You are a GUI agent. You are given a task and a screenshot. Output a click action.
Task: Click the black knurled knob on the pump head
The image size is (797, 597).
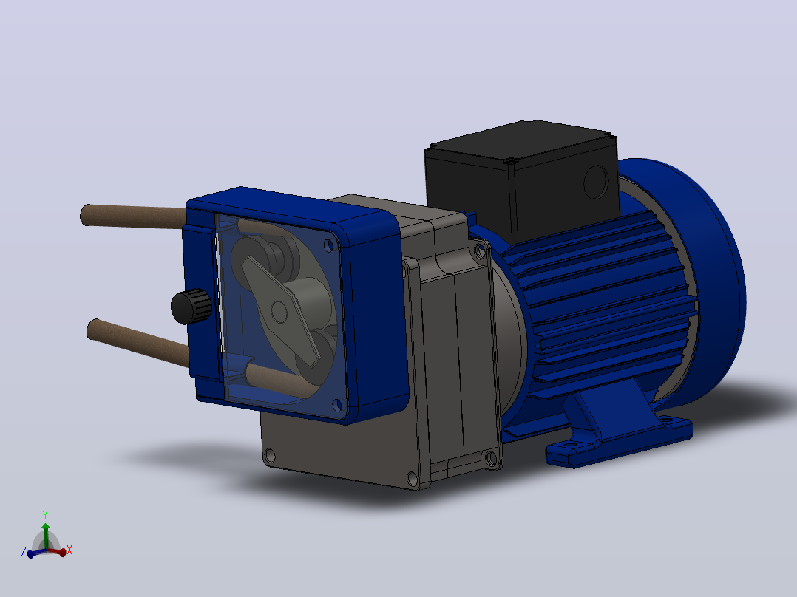point(191,306)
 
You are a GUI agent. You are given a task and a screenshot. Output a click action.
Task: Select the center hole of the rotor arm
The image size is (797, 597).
point(279,312)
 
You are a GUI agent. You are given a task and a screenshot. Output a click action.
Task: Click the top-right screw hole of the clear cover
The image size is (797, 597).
point(328,246)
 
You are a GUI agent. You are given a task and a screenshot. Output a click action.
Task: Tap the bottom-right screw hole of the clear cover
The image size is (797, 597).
point(336,405)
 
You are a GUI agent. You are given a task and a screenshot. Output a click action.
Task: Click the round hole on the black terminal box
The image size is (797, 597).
point(596,181)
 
